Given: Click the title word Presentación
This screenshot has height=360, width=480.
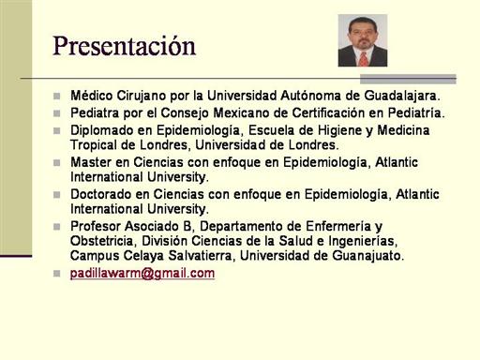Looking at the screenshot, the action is tap(124, 46).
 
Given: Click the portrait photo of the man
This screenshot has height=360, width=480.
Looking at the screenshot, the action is tap(363, 40).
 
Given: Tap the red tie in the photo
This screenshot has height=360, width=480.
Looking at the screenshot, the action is tap(363, 59).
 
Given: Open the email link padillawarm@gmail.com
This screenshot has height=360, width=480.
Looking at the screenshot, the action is tap(142, 274).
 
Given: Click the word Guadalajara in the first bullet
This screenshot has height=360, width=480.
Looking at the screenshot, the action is tap(402, 96).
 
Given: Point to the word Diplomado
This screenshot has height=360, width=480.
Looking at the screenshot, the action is tap(102, 130).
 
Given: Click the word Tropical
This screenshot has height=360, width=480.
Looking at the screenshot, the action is tap(97, 145).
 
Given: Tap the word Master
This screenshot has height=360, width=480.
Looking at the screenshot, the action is tap(91, 162).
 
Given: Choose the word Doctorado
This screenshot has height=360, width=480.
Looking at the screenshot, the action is tap(101, 194).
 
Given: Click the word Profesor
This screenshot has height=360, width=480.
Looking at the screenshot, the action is tap(96, 226).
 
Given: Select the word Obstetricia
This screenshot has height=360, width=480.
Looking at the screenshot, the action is tap(104, 241).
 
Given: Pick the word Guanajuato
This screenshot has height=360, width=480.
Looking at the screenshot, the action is tap(368, 256).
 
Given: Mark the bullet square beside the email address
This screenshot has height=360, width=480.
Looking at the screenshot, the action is tap(56, 274).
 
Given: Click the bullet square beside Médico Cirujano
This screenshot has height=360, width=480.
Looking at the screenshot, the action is tap(56, 96).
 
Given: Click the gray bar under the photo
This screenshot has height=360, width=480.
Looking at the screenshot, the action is tap(408, 79).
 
